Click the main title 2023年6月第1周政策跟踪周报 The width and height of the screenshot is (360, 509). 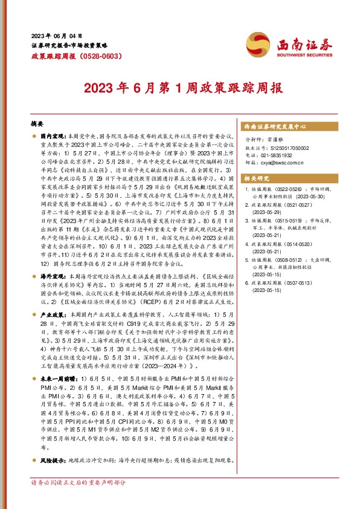[180, 87]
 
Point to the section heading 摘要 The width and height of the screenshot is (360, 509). [37, 123]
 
